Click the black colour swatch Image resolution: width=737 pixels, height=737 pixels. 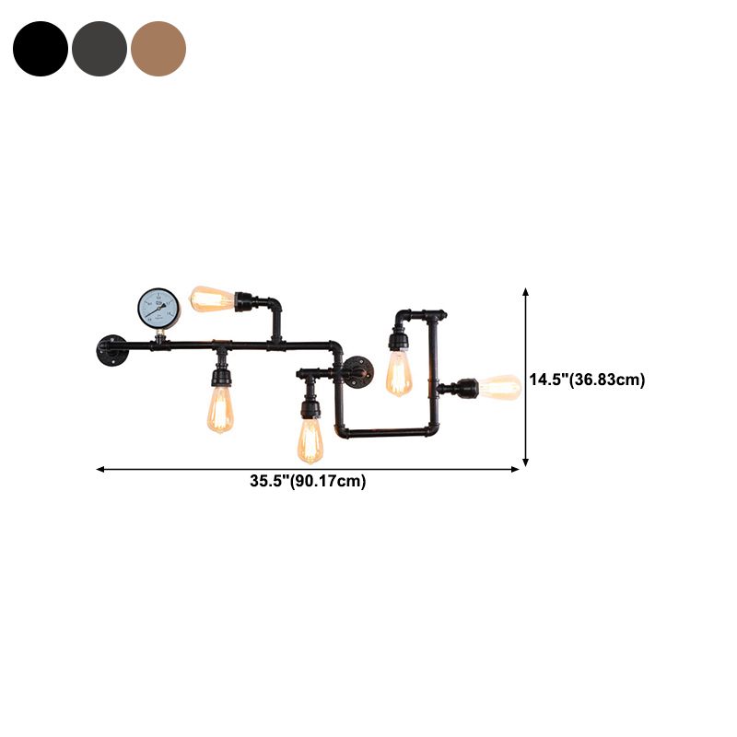[x=41, y=49]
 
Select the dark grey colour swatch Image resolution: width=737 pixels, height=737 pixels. [x=99, y=49]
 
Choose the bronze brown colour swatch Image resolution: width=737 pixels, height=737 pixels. [x=158, y=49]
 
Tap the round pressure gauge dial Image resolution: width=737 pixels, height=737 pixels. [x=159, y=307]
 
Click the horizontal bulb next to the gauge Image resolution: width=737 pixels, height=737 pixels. [x=211, y=298]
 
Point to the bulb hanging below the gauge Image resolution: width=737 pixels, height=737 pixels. [x=220, y=410]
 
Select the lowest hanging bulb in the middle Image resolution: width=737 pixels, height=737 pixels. [x=310, y=440]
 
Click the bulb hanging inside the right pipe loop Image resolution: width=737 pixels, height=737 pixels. [x=399, y=373]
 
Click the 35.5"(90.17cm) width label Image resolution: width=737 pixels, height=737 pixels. [x=308, y=481]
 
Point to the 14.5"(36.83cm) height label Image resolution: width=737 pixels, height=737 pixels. [x=587, y=380]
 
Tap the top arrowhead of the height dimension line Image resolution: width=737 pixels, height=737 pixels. [x=526, y=291]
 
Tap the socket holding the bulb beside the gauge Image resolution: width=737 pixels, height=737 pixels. [x=244, y=301]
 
